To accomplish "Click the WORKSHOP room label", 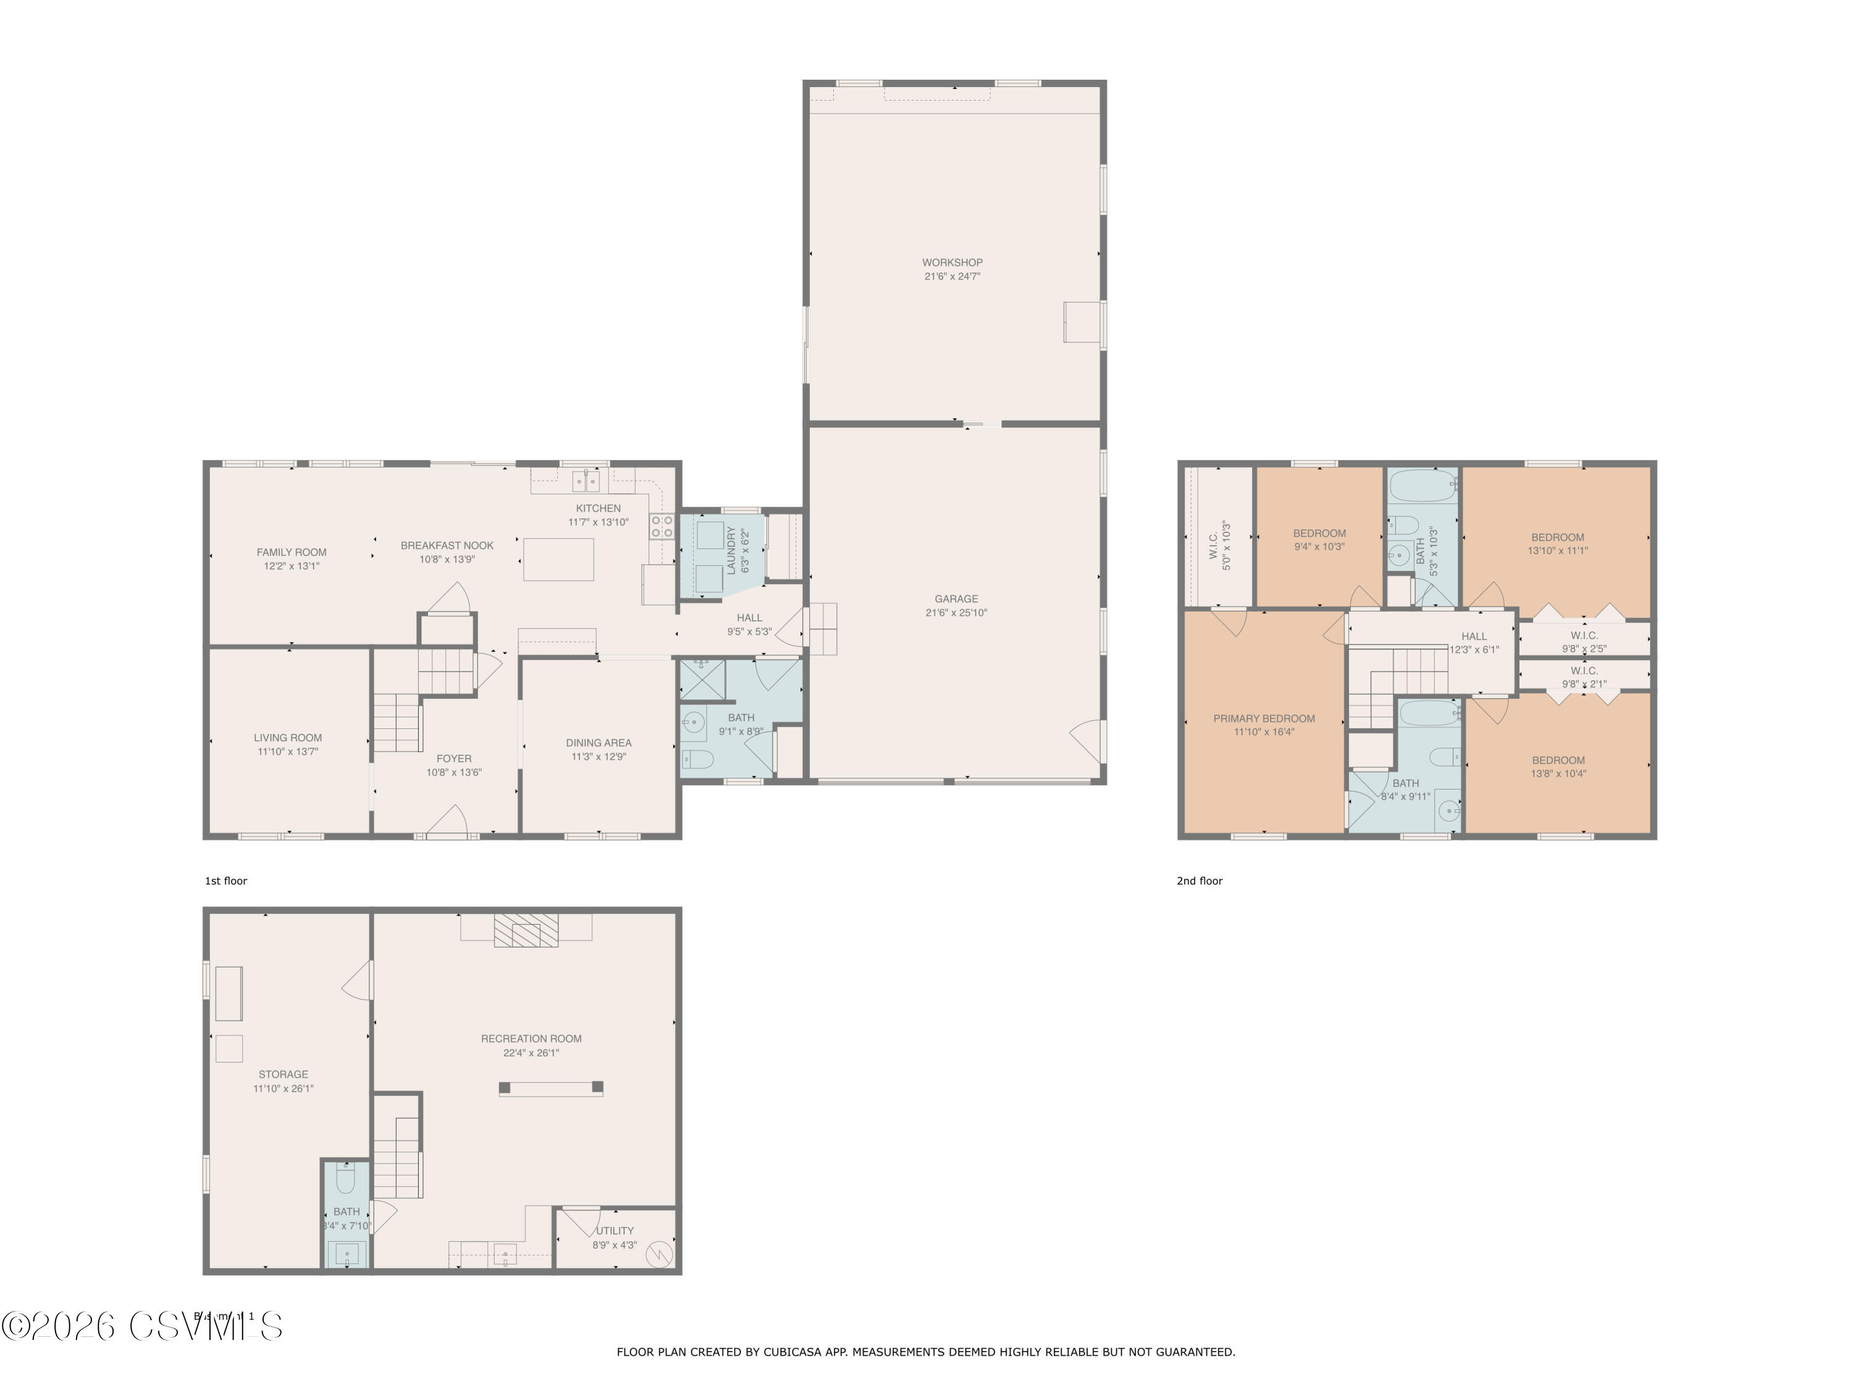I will point(952,263).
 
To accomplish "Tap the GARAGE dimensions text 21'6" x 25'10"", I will point(956,612).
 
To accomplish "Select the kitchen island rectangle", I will point(559,560).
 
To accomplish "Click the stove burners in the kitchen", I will point(662,526).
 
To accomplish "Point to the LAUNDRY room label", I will point(731,550).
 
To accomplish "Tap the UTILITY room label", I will point(615,1231).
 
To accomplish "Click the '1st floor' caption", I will point(226,880).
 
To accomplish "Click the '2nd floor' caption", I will point(1200,880).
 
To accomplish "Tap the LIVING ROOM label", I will point(287,737).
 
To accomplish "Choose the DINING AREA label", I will point(598,743).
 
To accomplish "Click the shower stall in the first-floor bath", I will point(702,680).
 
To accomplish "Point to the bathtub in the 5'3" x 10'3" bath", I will point(1423,484).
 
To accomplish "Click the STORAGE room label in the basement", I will point(283,1074).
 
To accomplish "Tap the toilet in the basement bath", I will point(346,1180).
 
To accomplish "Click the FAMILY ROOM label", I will point(292,552).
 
